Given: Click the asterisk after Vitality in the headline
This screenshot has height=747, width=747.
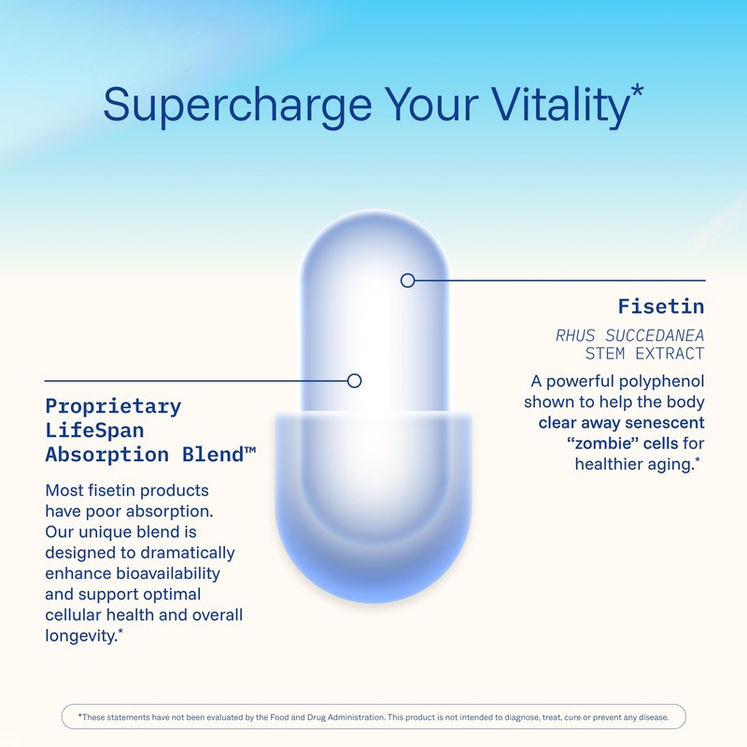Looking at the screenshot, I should (x=637, y=91).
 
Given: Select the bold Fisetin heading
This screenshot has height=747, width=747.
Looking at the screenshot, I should (x=661, y=306).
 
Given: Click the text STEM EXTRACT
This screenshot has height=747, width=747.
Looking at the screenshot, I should (x=644, y=354).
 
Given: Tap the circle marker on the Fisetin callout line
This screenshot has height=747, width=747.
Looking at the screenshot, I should (x=407, y=280).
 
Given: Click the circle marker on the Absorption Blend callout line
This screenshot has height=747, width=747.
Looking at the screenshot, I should (x=354, y=380).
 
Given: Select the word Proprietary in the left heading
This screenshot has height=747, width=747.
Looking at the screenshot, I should (x=113, y=407).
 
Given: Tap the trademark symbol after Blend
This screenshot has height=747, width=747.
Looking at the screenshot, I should (x=250, y=450).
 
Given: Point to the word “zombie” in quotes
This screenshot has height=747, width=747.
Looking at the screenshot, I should (x=580, y=443).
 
